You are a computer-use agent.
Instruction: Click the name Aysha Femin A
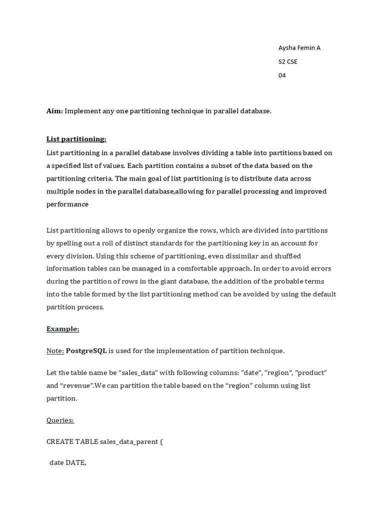299,48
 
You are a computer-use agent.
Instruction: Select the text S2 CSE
287,61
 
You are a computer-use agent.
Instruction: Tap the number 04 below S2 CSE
282,75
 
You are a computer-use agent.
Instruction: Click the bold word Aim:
54,111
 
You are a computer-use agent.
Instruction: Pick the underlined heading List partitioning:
76,139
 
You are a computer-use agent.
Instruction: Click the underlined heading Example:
62,329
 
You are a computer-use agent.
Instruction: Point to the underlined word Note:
55,351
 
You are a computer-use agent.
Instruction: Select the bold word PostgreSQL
86,351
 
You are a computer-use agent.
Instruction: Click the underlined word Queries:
60,420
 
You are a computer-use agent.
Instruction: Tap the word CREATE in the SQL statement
59,442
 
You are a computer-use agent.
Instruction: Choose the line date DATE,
67,463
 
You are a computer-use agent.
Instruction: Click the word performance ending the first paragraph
67,204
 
